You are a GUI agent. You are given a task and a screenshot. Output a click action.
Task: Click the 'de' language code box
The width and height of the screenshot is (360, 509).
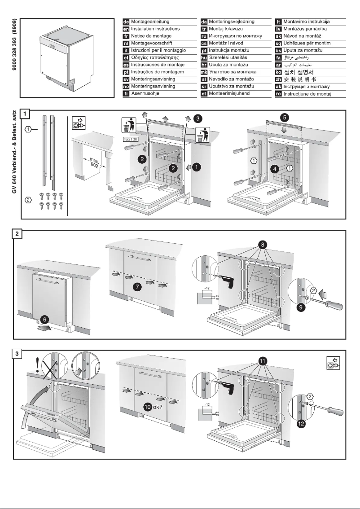coord(126,22)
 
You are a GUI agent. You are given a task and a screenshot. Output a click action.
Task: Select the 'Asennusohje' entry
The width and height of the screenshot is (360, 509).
coord(146,93)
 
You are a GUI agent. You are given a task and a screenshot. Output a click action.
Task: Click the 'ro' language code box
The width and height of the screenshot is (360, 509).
coord(278,93)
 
